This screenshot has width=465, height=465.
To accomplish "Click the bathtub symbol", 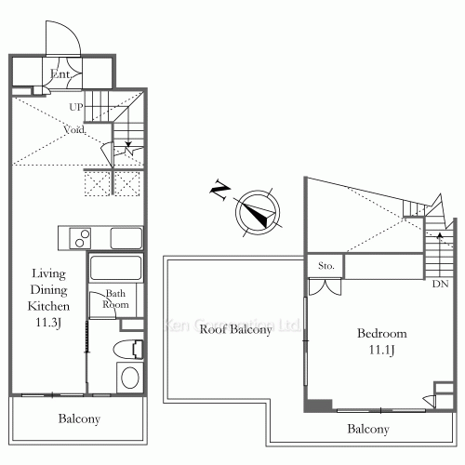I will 114,270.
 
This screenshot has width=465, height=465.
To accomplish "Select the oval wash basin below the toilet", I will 128,378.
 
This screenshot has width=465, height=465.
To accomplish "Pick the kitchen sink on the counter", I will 126,238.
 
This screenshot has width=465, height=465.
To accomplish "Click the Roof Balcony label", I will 237,330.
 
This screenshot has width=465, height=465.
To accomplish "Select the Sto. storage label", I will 325,267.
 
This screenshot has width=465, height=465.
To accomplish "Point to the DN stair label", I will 439,283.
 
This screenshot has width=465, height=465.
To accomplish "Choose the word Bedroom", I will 380,333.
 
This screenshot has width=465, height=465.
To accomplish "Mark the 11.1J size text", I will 380,351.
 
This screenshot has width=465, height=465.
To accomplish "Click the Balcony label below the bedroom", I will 368,430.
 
